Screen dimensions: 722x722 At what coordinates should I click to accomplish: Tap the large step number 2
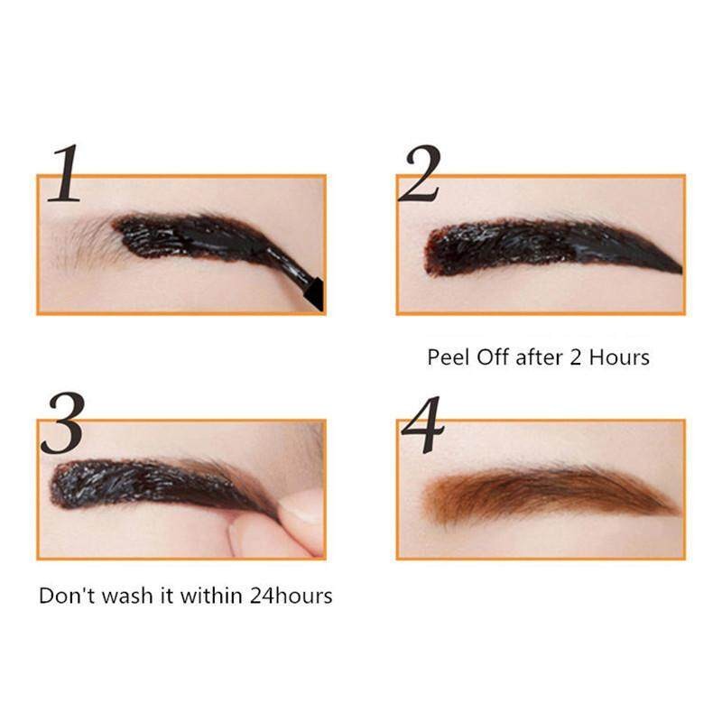pyautogui.click(x=420, y=173)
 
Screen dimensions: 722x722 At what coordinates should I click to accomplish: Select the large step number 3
pyautogui.click(x=62, y=422)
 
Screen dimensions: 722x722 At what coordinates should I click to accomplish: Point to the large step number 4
pyautogui.click(x=422, y=423)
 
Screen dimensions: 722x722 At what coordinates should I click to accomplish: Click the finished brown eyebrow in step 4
pyautogui.click(x=551, y=495)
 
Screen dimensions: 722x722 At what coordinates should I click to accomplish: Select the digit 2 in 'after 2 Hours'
pyautogui.click(x=575, y=357)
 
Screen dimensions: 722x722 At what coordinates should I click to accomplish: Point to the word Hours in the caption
pyautogui.click(x=619, y=357)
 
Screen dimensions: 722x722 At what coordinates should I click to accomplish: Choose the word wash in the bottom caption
pyautogui.click(x=127, y=596)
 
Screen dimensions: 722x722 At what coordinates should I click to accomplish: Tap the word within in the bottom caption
pyautogui.click(x=211, y=596)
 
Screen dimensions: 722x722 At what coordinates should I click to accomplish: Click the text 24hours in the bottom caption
pyautogui.click(x=291, y=596)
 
